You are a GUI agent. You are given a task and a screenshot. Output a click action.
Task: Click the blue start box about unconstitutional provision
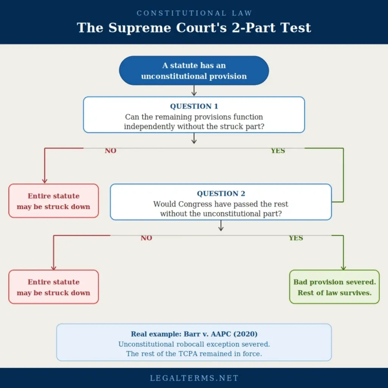point(194,70)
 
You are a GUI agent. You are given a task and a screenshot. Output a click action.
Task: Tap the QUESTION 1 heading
point(194,106)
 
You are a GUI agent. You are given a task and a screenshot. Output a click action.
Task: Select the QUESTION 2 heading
point(221,194)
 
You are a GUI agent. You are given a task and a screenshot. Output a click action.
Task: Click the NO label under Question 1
point(111,151)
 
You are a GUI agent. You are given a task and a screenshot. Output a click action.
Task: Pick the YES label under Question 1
point(278,151)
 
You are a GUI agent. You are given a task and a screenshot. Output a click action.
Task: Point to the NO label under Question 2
point(146,238)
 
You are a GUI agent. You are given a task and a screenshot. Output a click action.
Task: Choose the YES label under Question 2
point(296,238)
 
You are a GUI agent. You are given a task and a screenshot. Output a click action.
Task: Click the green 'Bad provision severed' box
point(334,287)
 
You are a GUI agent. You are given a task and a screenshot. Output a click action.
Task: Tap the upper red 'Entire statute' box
point(53,201)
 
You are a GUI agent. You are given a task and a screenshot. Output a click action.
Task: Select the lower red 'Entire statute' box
point(53,287)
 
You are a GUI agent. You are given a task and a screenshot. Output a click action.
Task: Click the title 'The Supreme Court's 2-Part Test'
point(194,28)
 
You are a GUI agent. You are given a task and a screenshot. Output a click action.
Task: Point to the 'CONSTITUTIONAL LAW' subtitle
point(194,13)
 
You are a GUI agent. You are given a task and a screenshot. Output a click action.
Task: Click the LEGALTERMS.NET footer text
point(194,378)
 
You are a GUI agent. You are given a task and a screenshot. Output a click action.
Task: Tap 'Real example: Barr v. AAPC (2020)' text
point(194,334)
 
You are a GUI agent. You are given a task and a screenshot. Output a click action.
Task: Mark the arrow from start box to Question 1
point(194,91)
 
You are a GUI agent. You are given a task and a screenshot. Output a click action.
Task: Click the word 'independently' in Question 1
point(145,127)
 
